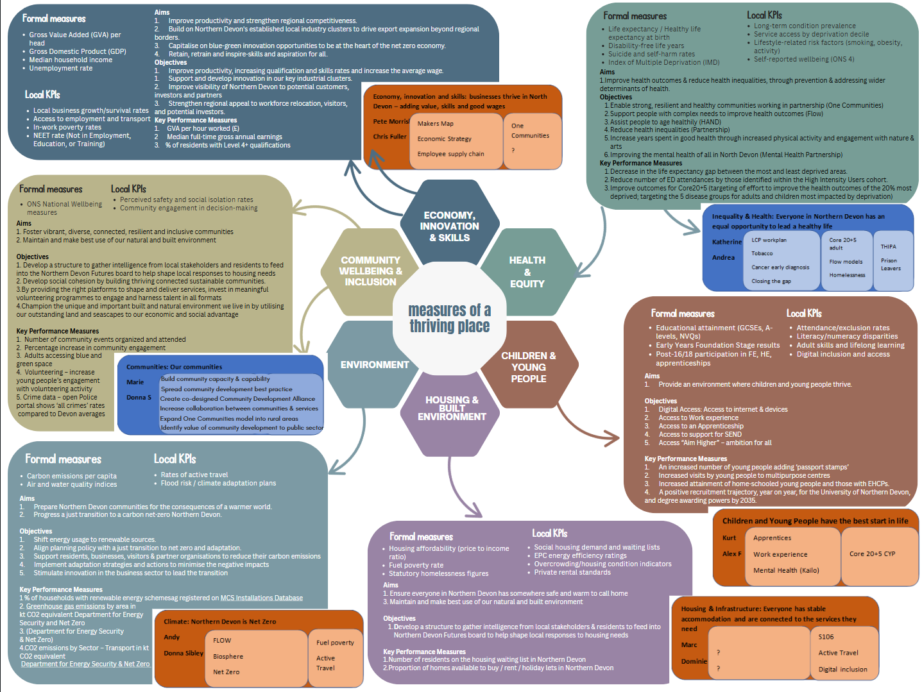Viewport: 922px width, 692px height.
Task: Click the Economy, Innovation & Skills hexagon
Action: [449, 226]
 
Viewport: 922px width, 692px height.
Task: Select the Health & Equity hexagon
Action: [527, 272]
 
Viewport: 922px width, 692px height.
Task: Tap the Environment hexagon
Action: [374, 364]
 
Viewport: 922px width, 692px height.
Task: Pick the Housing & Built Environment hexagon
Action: [452, 408]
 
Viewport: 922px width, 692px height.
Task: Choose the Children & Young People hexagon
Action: [528, 367]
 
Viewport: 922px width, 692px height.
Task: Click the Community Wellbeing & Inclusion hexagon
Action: [370, 271]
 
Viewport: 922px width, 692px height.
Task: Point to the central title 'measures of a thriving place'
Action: [449, 318]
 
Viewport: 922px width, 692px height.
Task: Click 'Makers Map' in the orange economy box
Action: [435, 124]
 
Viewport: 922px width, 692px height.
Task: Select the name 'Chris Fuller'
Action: [389, 137]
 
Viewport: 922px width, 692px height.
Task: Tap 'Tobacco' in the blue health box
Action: [762, 253]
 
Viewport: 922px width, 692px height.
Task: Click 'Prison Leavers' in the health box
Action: [890, 264]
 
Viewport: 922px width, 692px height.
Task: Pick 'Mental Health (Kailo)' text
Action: [786, 570]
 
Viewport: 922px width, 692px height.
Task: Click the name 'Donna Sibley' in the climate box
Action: [183, 653]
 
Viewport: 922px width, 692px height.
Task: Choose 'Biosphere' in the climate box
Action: [228, 656]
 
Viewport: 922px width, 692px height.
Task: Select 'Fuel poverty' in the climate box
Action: [335, 642]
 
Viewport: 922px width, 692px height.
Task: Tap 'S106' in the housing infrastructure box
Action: [826, 637]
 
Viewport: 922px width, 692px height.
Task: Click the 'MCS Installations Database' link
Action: [261, 598]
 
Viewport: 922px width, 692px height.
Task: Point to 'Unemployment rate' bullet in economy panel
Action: [60, 68]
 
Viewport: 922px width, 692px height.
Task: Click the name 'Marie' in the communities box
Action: [135, 382]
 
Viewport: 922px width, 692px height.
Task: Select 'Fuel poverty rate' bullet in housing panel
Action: [416, 565]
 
